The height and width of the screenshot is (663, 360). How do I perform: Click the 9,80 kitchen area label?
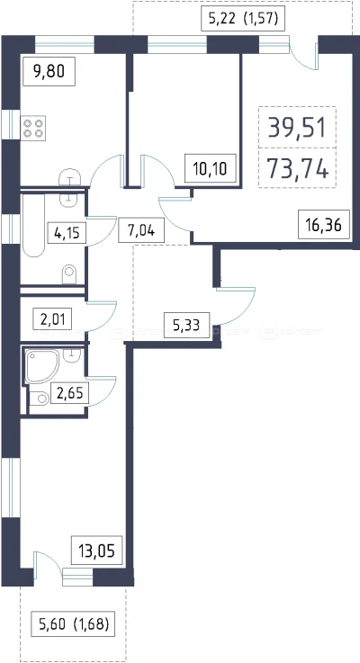coord(49,72)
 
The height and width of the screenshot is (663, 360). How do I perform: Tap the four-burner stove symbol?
coord(33,128)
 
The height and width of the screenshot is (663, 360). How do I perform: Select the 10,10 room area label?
coord(211,168)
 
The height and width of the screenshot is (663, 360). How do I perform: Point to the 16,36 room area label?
coord(324,224)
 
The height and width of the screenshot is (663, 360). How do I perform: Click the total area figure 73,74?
coord(297,169)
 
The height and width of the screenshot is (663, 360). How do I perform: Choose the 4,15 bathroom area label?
coord(67,232)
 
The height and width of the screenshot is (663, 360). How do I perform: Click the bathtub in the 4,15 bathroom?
coord(33,225)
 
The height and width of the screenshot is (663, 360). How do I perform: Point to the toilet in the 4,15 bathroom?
coord(69,274)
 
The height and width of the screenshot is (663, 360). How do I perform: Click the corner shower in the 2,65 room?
coord(42,366)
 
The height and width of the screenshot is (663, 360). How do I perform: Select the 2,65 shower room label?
coord(70,393)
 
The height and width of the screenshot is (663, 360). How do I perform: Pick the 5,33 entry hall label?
coord(186,325)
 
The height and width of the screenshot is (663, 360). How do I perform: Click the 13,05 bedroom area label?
coord(97,550)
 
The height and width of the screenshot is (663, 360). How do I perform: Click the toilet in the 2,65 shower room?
coord(40,399)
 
